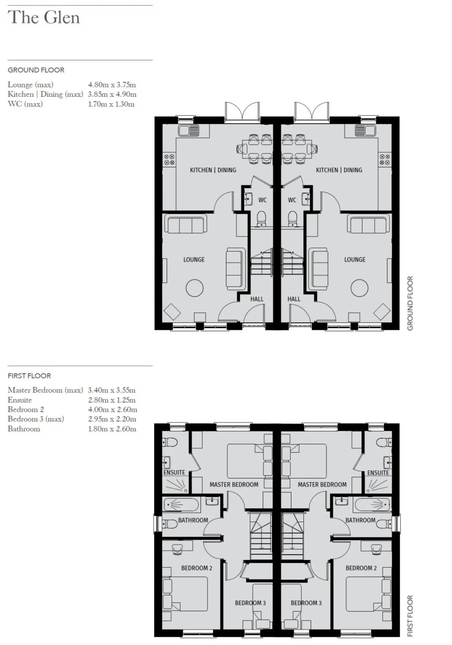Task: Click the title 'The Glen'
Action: (44, 18)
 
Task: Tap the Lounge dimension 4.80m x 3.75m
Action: (112, 85)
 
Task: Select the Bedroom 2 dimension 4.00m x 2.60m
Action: (113, 410)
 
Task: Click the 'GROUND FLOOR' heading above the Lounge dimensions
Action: (36, 70)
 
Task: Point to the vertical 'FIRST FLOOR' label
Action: (410, 616)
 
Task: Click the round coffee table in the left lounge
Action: (195, 288)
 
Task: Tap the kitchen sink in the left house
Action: (189, 131)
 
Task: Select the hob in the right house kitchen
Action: (385, 159)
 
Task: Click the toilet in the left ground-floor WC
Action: (261, 218)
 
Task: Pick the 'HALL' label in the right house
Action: (294, 299)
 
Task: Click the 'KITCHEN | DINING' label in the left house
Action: (213, 170)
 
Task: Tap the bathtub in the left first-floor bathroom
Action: (182, 505)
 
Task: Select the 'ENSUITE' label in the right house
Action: (378, 473)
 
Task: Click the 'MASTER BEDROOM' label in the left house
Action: (234, 484)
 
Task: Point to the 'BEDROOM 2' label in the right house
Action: (361, 568)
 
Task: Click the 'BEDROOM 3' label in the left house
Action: (250, 603)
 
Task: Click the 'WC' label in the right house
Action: (292, 200)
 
